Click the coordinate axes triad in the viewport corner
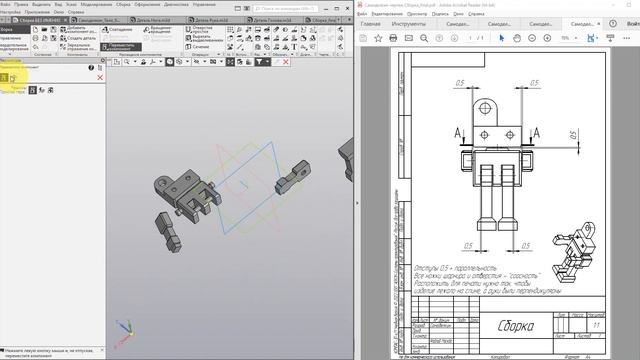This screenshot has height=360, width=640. [x=123, y=330]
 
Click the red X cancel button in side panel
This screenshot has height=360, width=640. [x=100, y=77]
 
